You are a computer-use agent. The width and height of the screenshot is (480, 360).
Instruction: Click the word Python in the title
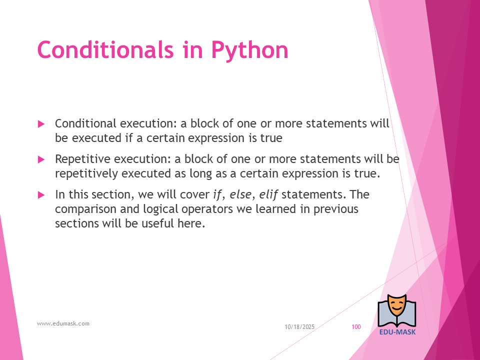click(x=250, y=50)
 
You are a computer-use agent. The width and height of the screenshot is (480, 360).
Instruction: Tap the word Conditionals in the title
click(x=105, y=49)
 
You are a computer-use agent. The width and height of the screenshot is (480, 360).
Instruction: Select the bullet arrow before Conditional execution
click(x=41, y=124)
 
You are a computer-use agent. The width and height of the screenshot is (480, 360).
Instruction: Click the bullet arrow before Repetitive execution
click(x=41, y=159)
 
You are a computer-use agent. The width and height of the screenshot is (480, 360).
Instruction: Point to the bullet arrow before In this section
click(x=41, y=195)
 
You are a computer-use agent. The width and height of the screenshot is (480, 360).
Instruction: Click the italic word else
click(x=240, y=194)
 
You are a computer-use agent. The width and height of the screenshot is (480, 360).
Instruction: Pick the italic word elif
click(x=268, y=194)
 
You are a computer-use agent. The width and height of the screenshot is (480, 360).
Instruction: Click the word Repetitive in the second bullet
click(x=82, y=159)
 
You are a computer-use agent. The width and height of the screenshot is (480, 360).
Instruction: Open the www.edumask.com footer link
click(x=63, y=323)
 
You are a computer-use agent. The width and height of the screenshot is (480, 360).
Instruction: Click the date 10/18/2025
click(x=299, y=327)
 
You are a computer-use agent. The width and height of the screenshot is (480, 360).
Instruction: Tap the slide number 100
click(x=356, y=327)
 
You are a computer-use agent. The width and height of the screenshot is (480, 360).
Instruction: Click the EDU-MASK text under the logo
click(x=397, y=332)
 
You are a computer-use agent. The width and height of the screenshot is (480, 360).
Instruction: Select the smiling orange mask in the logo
click(x=396, y=305)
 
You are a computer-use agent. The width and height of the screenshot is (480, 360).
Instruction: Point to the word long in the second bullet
click(x=200, y=174)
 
